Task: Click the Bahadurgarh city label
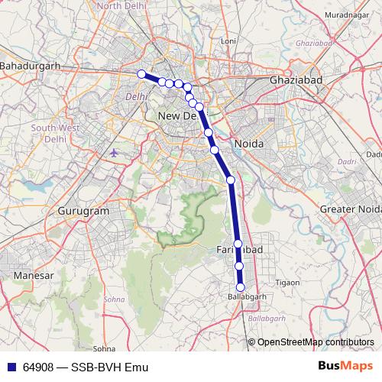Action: coord(30,66)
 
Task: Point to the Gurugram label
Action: coord(84,210)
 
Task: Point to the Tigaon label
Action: coord(286,282)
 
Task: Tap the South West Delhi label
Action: coord(50,134)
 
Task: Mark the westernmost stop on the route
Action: coord(141,74)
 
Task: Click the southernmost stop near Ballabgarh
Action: coord(240,287)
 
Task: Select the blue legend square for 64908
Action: coord(11,367)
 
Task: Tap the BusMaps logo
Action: coord(345,366)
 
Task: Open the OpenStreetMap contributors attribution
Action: coord(315,342)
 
